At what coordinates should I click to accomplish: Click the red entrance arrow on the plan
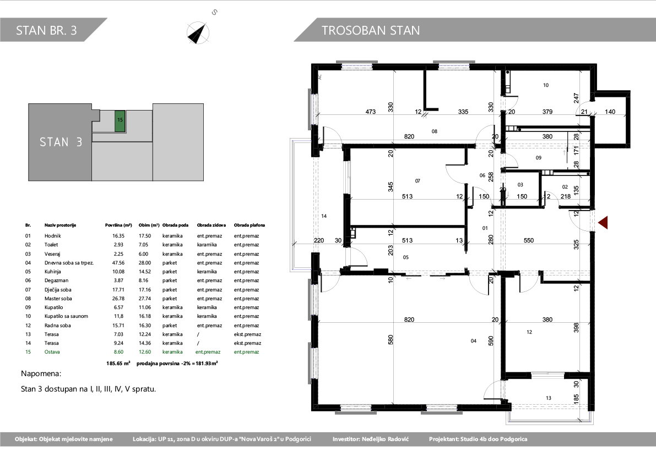(x=603, y=223)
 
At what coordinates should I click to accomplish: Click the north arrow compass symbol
(x=198, y=32)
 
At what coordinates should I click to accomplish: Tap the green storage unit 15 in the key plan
(x=120, y=122)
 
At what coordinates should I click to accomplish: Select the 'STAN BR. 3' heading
(x=46, y=30)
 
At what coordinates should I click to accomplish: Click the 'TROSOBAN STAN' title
(x=371, y=30)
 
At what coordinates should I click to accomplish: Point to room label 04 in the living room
(x=474, y=341)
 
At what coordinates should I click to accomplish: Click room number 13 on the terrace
(x=549, y=398)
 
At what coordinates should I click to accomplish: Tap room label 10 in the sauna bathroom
(x=545, y=85)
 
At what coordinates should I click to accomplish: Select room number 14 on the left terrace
(x=324, y=216)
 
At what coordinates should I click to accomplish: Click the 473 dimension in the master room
(x=371, y=112)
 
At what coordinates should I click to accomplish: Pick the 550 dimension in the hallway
(x=529, y=240)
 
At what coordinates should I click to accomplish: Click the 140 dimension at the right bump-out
(x=610, y=112)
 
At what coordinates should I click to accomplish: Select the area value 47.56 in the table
(x=118, y=263)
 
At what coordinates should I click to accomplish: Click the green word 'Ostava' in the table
(x=52, y=352)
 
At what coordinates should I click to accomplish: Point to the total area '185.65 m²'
(x=118, y=363)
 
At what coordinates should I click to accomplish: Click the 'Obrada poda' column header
(x=175, y=225)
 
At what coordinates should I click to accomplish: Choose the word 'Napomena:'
(x=41, y=374)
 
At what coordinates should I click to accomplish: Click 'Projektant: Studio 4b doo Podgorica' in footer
(x=478, y=439)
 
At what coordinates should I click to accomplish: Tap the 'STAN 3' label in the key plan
(x=61, y=142)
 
